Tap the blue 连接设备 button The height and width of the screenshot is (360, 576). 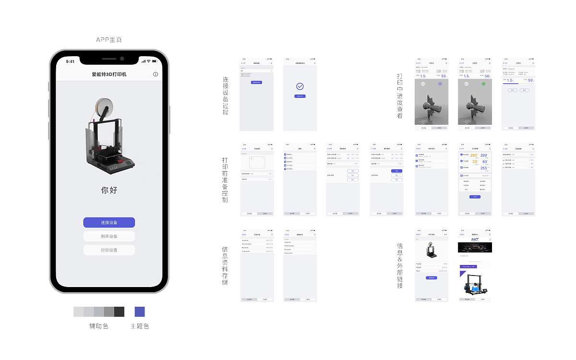point(109,223)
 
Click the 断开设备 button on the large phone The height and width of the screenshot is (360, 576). point(109,236)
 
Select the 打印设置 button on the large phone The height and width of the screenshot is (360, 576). point(109,250)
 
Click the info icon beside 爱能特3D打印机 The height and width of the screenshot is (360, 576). point(155,74)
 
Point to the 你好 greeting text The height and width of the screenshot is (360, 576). point(109,190)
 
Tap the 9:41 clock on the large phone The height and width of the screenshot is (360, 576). point(70,61)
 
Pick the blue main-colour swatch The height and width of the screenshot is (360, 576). point(139,312)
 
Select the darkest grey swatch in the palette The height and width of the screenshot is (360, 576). point(120,312)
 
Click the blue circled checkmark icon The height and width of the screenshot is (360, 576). point(300,86)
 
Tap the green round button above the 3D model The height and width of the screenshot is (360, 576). point(483,84)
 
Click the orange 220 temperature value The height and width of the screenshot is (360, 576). point(473,155)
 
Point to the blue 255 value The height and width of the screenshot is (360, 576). point(484,168)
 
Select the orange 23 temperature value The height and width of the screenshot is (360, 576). point(474,162)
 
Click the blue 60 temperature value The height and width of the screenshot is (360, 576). point(485,162)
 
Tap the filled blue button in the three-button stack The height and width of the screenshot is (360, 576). point(396,171)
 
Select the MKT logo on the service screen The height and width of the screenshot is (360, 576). point(475,239)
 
